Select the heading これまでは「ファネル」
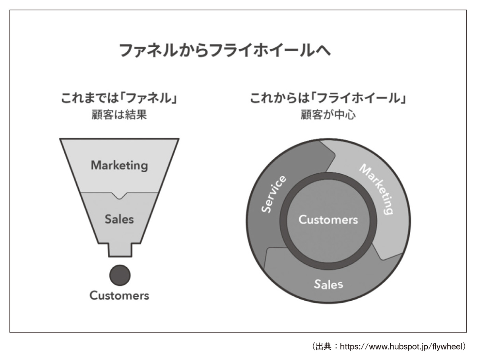(x=119, y=98)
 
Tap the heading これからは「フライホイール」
(x=328, y=98)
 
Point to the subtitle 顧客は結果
(x=119, y=115)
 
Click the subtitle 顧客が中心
(x=328, y=115)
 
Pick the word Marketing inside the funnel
(x=119, y=165)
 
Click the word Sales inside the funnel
(x=119, y=219)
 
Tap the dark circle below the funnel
(x=120, y=275)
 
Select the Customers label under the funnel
(x=119, y=296)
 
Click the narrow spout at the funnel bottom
(x=120, y=251)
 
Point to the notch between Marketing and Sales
(x=119, y=195)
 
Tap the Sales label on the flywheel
(x=328, y=284)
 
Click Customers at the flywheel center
(x=328, y=220)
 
